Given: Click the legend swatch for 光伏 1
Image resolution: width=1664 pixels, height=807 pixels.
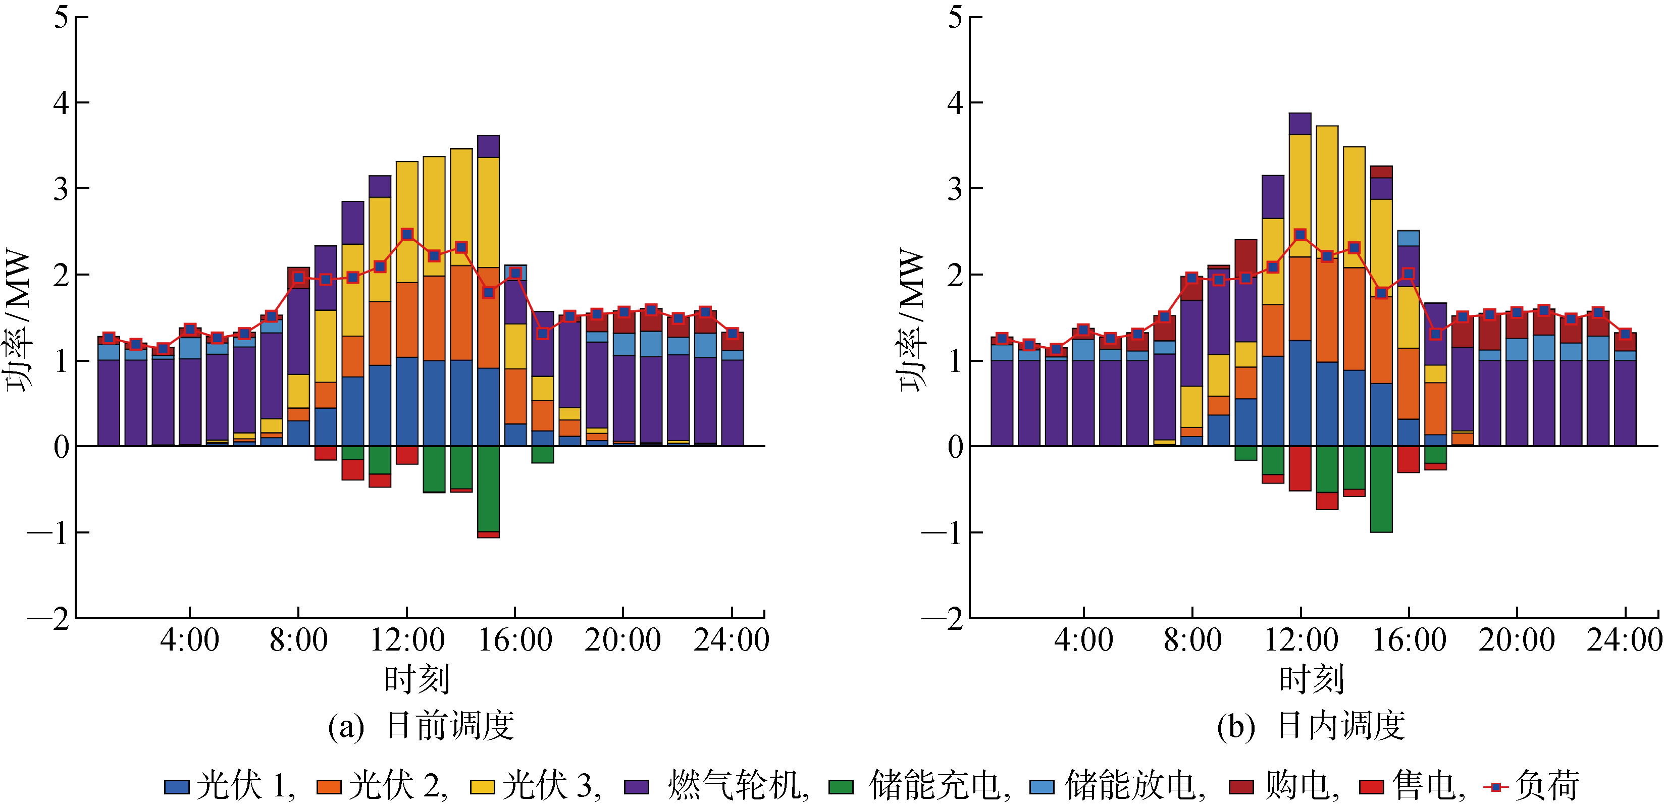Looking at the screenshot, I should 176,787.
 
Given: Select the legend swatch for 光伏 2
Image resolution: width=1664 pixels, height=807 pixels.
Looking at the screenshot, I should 329,787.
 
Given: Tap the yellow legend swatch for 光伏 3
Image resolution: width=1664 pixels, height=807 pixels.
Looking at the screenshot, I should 482,787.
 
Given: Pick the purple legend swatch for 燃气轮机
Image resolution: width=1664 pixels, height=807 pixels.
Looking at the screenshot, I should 636,787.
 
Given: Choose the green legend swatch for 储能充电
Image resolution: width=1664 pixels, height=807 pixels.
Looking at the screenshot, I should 841,787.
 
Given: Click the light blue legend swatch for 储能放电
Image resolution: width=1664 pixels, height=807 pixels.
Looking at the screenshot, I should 1042,787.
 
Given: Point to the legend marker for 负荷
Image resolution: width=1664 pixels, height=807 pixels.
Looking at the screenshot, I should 1495,787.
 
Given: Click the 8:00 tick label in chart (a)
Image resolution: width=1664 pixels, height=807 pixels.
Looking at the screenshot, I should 298,640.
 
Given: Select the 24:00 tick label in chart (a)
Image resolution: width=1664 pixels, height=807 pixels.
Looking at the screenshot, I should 731,640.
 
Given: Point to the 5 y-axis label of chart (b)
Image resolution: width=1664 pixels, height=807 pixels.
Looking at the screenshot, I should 955,18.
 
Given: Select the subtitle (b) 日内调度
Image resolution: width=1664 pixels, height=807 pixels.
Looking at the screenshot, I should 1311,726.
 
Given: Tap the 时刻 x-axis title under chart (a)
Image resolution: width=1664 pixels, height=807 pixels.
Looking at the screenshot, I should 417,679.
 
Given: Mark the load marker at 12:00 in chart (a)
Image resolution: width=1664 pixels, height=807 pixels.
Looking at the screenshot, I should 407,234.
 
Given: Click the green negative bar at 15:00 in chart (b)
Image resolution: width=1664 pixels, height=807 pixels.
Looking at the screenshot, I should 1381,489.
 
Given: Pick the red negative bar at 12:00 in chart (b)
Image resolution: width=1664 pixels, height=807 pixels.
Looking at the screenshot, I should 1299,469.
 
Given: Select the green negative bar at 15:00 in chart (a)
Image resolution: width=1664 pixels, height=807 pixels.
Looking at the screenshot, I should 488,489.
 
